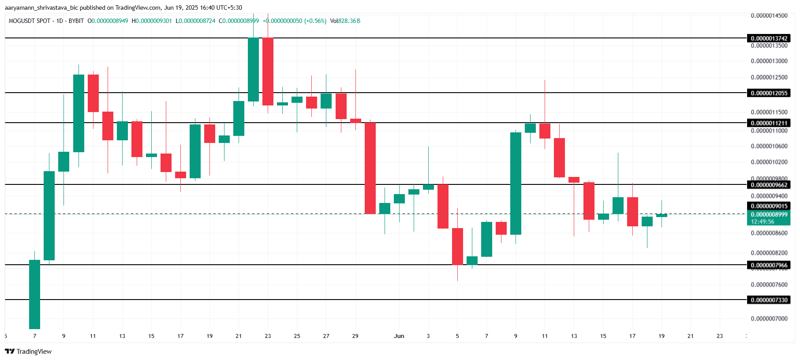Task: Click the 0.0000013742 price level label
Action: (x=769, y=38)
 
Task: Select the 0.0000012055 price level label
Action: (x=769, y=93)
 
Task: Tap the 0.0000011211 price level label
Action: (x=769, y=123)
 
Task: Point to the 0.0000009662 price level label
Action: (x=769, y=185)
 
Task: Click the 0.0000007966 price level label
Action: (x=769, y=265)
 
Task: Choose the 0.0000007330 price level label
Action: (x=769, y=300)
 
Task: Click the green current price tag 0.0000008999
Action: (x=769, y=215)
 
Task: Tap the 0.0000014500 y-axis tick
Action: (x=769, y=15)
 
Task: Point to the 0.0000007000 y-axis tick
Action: (x=769, y=319)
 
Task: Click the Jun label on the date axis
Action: (x=399, y=336)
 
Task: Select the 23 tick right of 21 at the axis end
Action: (x=719, y=336)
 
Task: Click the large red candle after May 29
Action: (x=370, y=168)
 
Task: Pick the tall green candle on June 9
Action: (x=516, y=183)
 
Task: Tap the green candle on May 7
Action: (x=34, y=294)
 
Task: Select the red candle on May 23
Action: (x=268, y=71)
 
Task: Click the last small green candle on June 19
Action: (x=662, y=215)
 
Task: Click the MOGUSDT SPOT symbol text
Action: (x=29, y=21)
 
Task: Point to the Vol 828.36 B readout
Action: (x=345, y=21)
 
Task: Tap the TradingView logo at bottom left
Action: (x=29, y=351)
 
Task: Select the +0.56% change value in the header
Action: (x=315, y=21)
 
